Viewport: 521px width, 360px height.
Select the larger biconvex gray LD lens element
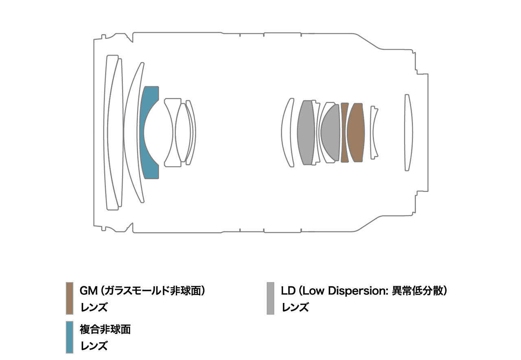306,133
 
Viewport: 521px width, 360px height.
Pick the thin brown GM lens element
344,133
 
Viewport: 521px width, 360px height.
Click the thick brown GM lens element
356,133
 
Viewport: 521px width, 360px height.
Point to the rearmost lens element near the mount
408,133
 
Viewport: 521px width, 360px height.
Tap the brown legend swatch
70,299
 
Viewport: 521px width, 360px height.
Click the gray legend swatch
270,299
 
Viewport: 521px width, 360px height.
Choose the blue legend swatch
70,337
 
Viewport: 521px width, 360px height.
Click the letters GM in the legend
88,291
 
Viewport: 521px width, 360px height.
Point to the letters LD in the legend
288,291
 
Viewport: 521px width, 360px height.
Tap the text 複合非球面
105,329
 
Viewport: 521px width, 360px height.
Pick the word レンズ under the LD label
295,307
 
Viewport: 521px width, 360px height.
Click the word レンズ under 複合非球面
94,346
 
